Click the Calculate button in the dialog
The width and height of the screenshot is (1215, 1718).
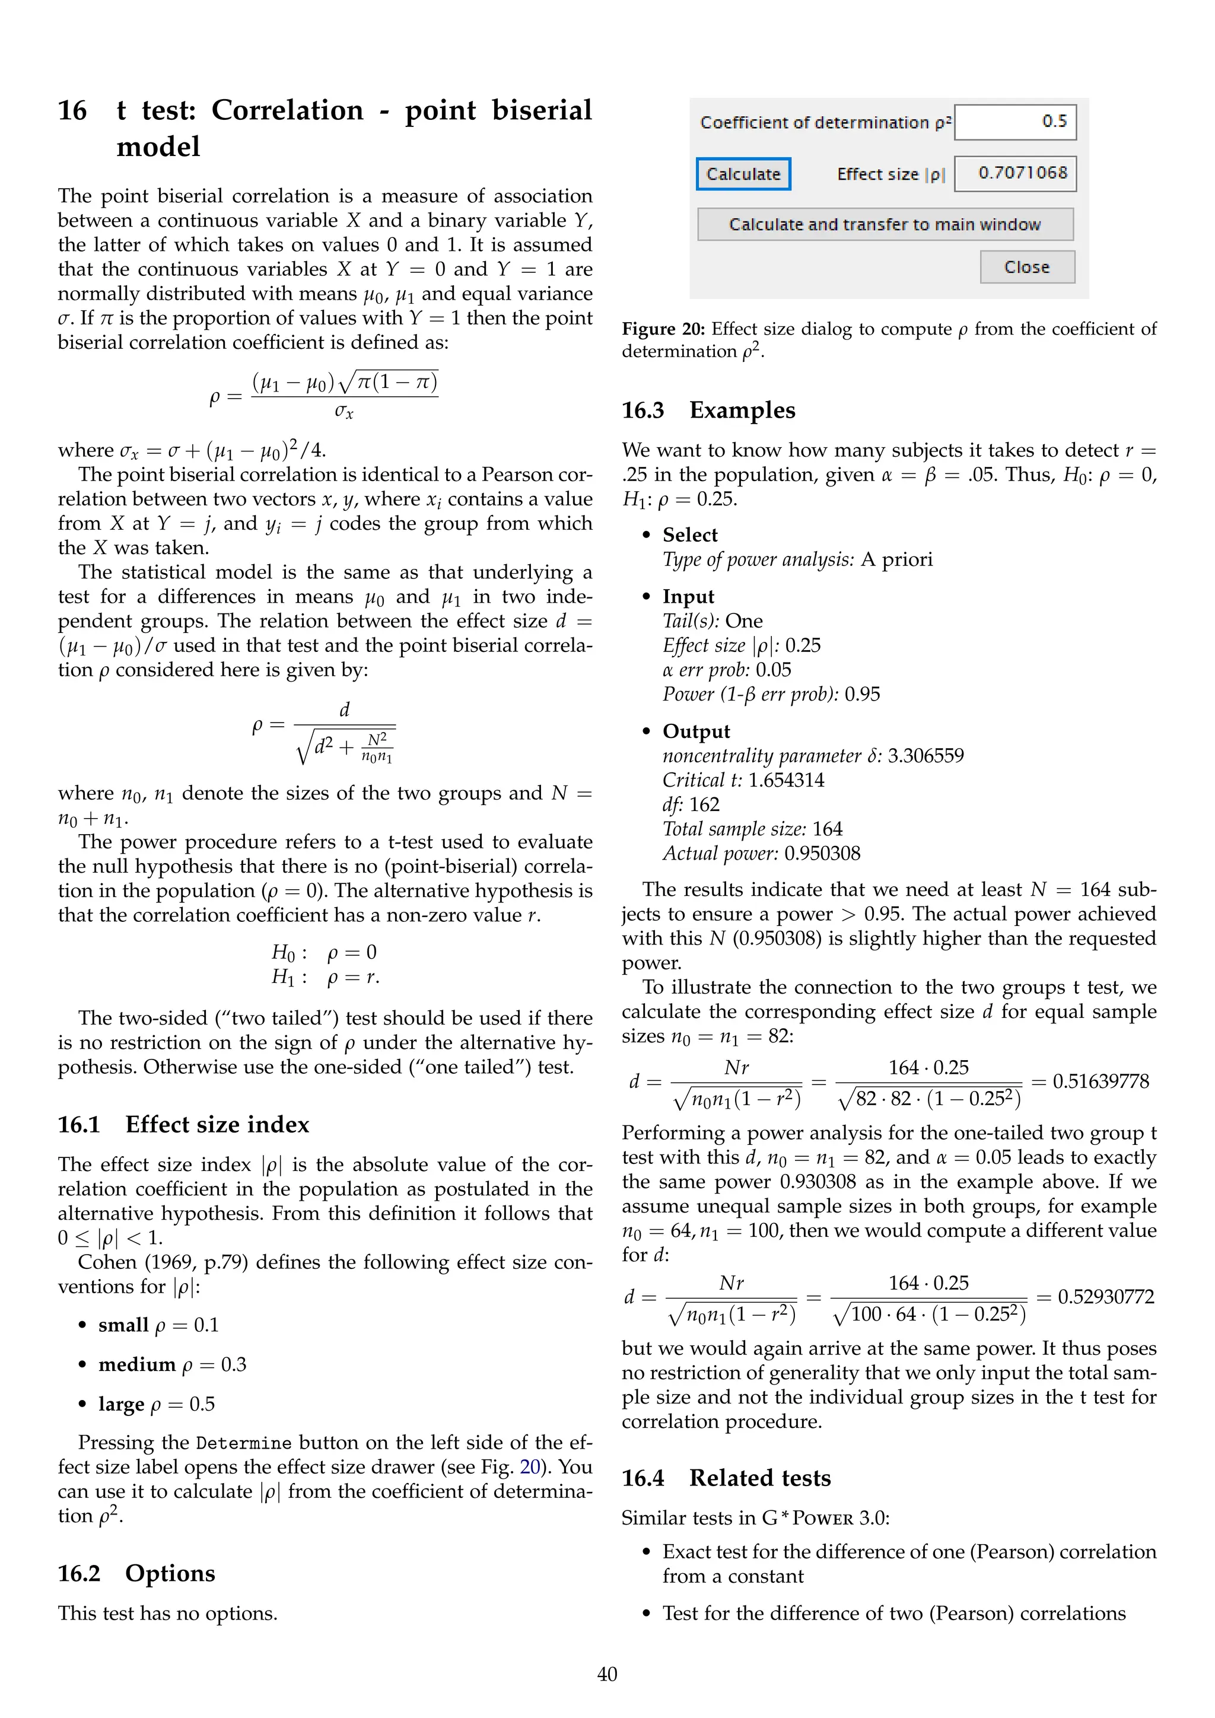pyautogui.click(x=743, y=174)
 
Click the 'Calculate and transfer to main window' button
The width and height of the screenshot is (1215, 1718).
pyautogui.click(x=885, y=224)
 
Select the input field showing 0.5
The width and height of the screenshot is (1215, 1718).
pyautogui.click(x=1015, y=122)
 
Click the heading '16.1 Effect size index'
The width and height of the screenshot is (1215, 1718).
pyautogui.click(x=183, y=1125)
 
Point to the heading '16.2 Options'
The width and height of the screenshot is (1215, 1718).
pyautogui.click(x=136, y=1574)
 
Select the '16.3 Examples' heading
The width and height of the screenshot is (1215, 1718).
pyautogui.click(x=708, y=410)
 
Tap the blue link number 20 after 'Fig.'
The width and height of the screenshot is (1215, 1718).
pyautogui.click(x=530, y=1466)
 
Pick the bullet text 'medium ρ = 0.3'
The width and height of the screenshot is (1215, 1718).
pyautogui.click(x=172, y=1365)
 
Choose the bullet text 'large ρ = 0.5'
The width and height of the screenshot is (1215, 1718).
pyautogui.click(x=157, y=1405)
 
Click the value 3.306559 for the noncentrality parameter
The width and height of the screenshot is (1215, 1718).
pyautogui.click(x=925, y=756)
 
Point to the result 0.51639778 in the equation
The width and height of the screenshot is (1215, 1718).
pyautogui.click(x=1101, y=1081)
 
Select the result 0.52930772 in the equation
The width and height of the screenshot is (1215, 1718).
pyautogui.click(x=1106, y=1297)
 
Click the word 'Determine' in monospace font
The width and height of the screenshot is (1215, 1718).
pyautogui.click(x=244, y=1443)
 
